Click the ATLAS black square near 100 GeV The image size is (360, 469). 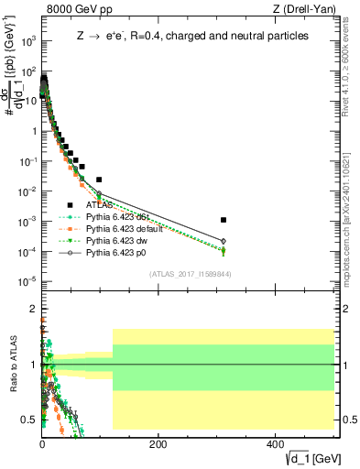click(x=99, y=180)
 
